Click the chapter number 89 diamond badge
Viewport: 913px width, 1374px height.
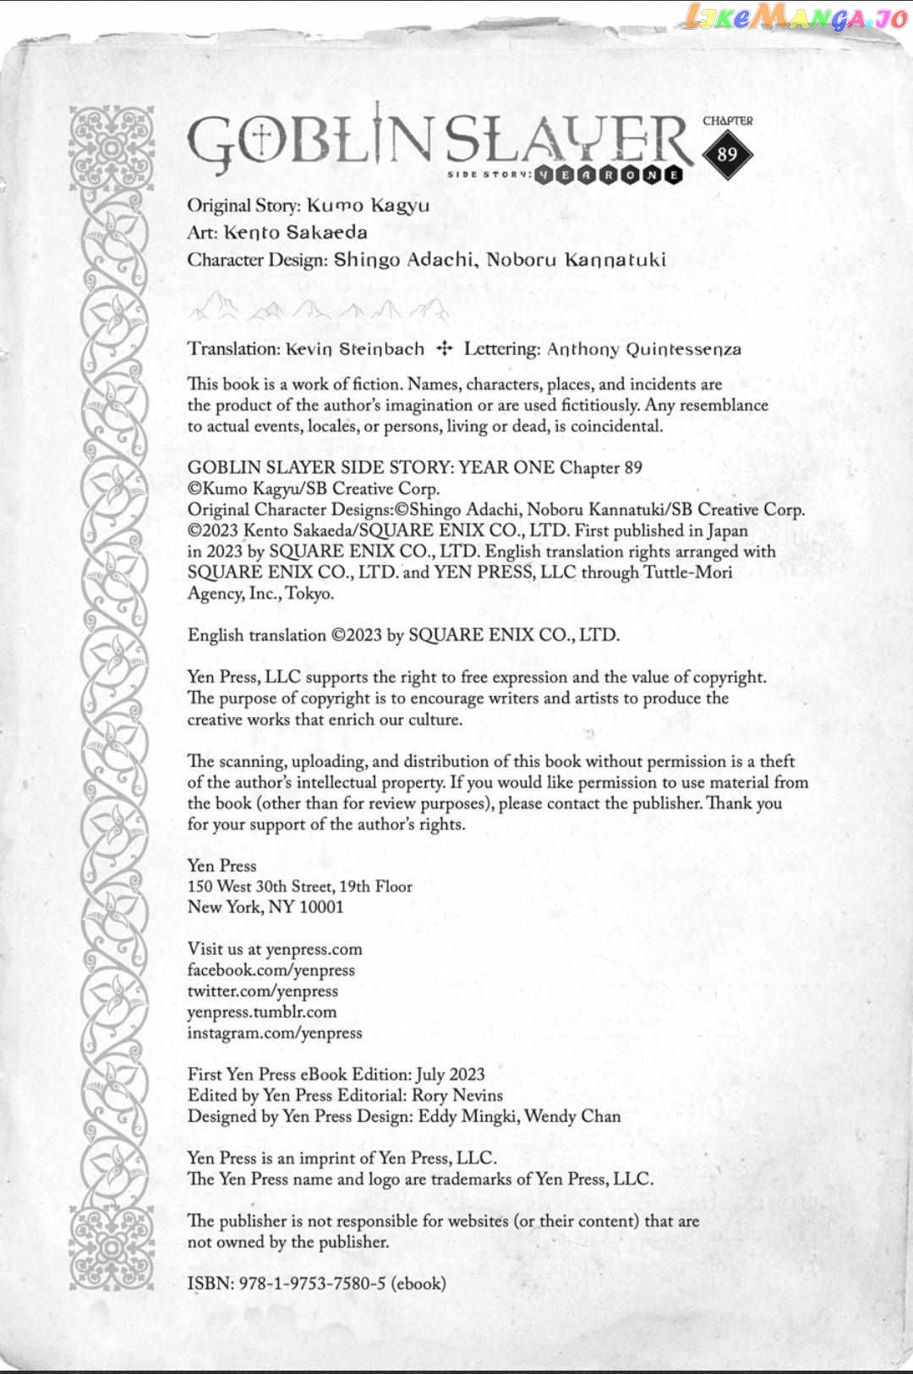click(727, 155)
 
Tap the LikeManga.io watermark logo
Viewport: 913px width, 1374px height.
click(795, 18)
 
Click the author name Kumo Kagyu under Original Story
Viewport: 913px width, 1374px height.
click(368, 205)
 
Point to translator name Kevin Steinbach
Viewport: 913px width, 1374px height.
click(354, 349)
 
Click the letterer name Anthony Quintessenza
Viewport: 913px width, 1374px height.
click(643, 349)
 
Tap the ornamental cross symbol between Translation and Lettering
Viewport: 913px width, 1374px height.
click(444, 348)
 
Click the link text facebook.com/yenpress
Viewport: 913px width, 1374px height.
click(271, 971)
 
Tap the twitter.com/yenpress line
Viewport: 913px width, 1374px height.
click(262, 991)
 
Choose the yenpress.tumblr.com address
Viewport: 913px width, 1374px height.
click(262, 1012)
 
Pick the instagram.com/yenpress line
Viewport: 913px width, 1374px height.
click(274, 1032)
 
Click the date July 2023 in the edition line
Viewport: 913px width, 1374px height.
click(450, 1075)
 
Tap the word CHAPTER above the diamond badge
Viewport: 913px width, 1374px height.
click(727, 121)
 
